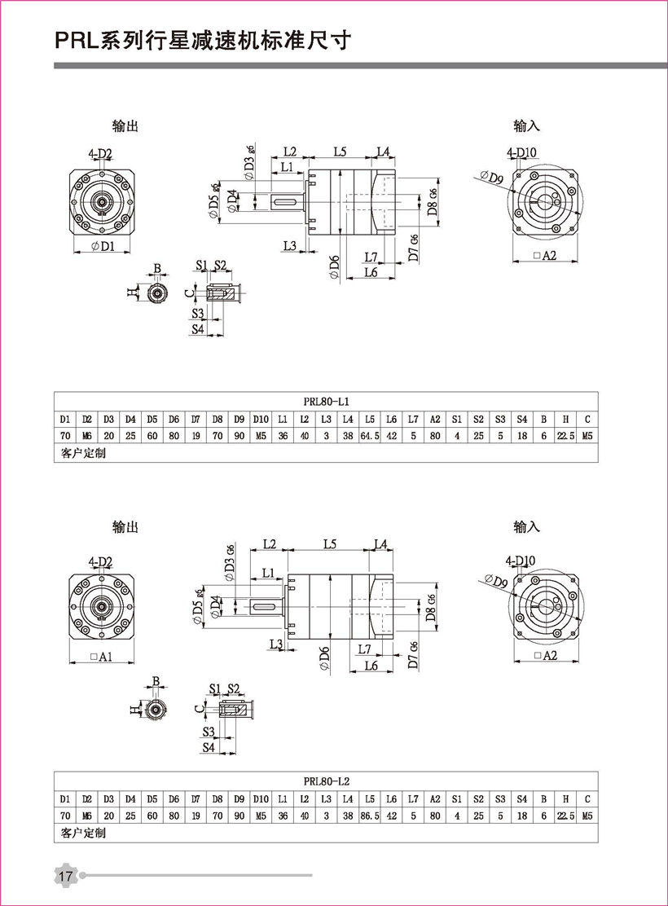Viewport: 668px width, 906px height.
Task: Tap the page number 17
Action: click(65, 876)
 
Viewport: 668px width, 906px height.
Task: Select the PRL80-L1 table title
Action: click(326, 401)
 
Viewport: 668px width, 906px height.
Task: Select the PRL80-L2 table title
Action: click(326, 780)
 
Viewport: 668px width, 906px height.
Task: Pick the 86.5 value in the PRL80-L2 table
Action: click(370, 814)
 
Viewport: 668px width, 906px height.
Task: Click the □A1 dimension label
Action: click(101, 657)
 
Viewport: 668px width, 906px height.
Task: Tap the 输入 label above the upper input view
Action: click(527, 126)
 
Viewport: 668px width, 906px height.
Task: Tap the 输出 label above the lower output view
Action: click(125, 527)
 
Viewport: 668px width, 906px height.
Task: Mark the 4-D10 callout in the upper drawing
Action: click(521, 152)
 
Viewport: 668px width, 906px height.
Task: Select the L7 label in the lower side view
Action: click(363, 649)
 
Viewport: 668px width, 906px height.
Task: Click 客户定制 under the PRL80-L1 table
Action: click(83, 453)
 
